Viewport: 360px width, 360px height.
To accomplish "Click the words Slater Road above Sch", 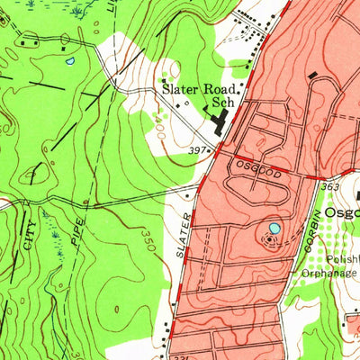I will [x=199, y=91].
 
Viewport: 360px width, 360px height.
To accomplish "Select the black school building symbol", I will [x=218, y=121].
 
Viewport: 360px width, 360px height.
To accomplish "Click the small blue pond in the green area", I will [x=69, y=62].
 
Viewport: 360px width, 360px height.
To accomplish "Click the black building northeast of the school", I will [x=312, y=76].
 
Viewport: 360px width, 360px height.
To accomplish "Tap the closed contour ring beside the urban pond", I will [x=266, y=237].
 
